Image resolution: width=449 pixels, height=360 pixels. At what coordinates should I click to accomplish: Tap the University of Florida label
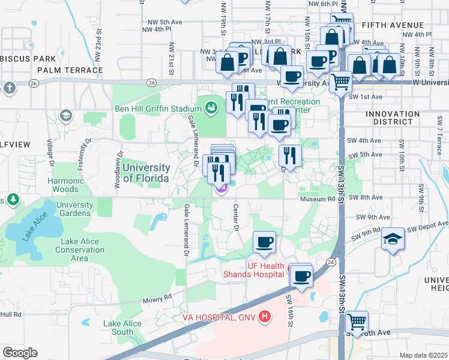146,173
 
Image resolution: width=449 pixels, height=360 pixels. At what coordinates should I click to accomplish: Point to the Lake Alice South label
122,328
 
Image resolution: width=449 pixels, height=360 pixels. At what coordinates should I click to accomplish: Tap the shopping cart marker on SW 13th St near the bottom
357,322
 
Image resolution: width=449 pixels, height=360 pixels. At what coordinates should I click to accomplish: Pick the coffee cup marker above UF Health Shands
264,243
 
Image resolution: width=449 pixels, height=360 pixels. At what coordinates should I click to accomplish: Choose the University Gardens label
74,209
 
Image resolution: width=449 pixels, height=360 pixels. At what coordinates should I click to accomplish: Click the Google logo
20,353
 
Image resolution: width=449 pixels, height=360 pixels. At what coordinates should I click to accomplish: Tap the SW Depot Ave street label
427,227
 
